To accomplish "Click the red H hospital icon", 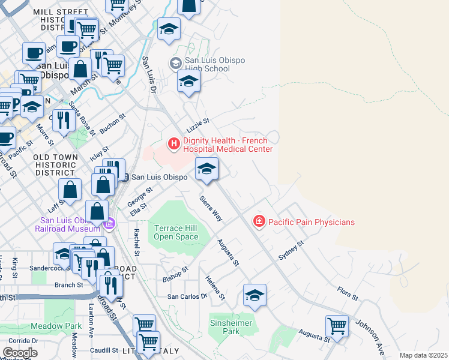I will tap(174, 143).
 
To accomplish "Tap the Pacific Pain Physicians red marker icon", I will tap(259, 222).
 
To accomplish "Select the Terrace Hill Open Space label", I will tap(176, 232).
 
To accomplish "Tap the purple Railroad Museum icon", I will tap(109, 225).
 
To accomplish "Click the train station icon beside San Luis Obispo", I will tap(124, 177).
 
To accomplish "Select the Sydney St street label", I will tap(292, 251).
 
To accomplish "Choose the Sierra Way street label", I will tap(211, 208).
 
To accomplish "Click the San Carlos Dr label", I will tap(187, 296).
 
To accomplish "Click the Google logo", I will tap(20, 353).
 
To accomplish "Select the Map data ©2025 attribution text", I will tap(423, 355).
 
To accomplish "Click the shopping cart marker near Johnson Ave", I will tap(337, 326).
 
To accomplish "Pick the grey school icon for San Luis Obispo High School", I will tap(176, 63).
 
